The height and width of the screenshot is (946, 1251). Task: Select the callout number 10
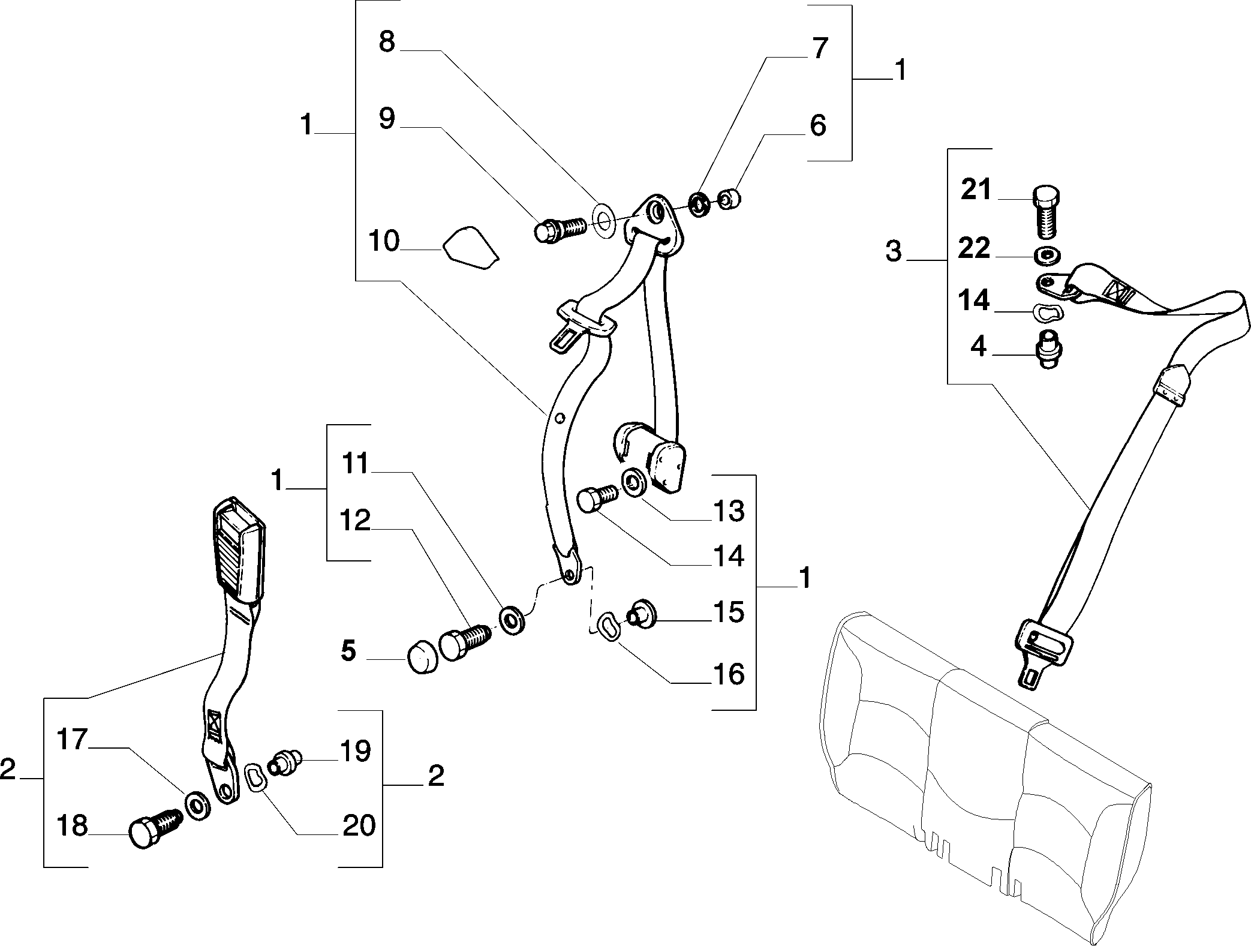[x=384, y=241]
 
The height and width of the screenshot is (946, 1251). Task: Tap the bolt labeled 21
[x=1046, y=211]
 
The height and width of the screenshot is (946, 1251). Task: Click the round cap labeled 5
[x=423, y=657]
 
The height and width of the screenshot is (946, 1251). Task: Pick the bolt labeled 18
[x=154, y=827]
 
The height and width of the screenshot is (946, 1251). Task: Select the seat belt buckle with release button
[x=238, y=549]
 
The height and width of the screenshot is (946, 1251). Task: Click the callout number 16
[x=729, y=674]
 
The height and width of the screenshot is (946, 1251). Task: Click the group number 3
[x=893, y=252]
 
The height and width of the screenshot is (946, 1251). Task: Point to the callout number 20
[x=359, y=825]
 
